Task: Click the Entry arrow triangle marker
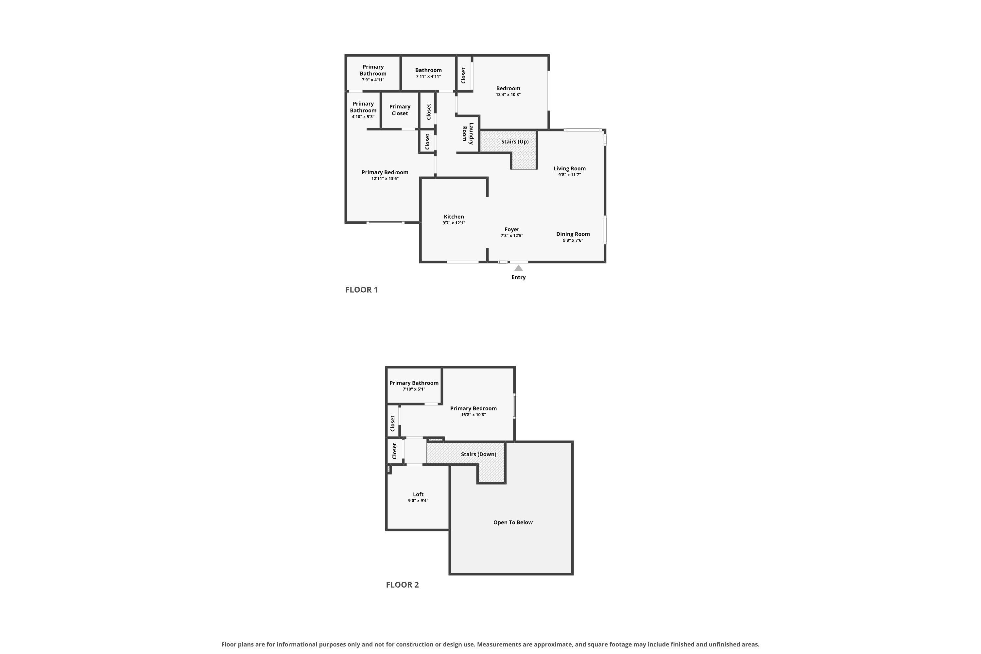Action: click(x=518, y=268)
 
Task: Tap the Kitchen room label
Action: click(x=454, y=216)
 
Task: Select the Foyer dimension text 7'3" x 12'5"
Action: click(x=512, y=236)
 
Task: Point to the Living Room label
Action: click(x=569, y=168)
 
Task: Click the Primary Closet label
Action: click(x=400, y=110)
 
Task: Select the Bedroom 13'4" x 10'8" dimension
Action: click(x=508, y=95)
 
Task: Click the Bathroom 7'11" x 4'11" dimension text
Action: click(x=428, y=76)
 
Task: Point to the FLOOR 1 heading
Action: click(x=362, y=289)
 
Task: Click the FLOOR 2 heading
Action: click(x=402, y=584)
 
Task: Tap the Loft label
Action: click(x=418, y=494)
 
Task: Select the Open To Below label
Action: click(x=513, y=522)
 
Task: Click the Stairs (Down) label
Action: click(x=478, y=454)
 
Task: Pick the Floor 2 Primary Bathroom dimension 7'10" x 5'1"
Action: click(x=414, y=389)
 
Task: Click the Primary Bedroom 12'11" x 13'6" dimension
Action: click(x=385, y=179)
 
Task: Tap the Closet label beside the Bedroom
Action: click(x=463, y=76)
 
